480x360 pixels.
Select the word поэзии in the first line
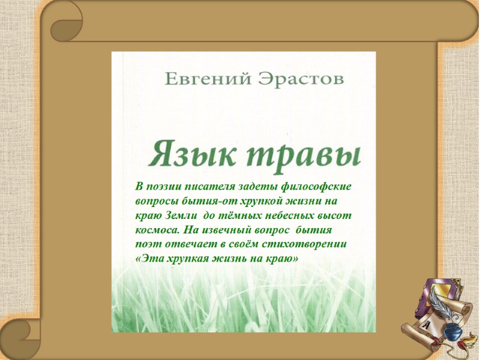pos(166,187)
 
